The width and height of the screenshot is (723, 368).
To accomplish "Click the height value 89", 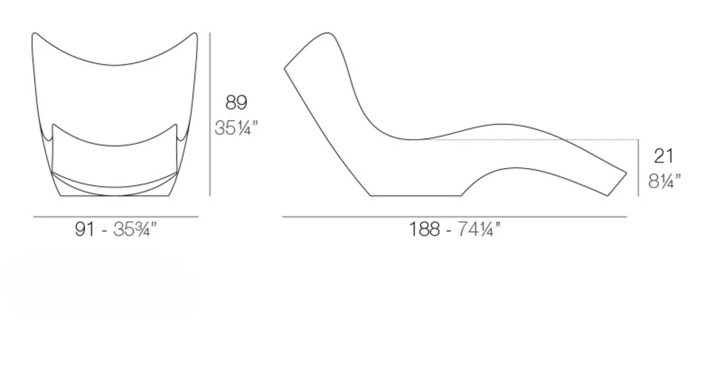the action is (237, 102).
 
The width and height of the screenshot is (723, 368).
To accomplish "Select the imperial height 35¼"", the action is (237, 128).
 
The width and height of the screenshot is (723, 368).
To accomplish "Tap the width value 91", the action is (85, 229).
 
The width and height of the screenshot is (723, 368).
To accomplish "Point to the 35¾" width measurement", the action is (135, 229).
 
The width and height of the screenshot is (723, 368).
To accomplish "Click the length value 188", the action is (424, 229).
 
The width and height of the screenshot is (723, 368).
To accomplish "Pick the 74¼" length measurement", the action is (479, 229).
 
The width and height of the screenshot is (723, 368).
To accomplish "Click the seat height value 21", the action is (664, 156).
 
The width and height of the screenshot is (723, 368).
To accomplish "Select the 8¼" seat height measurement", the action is (664, 181).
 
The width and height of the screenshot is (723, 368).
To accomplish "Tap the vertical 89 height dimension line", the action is (210, 114).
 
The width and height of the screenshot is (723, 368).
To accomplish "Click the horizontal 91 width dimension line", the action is (116, 217).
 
